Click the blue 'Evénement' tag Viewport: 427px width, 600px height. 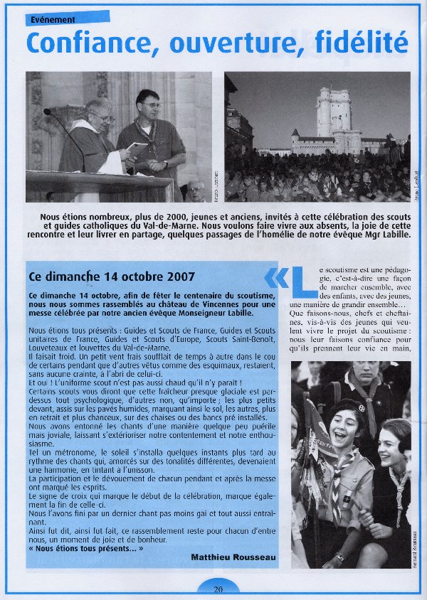[x=68, y=18]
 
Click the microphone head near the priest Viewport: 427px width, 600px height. [x=48, y=112]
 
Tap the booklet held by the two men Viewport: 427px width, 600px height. [x=138, y=150]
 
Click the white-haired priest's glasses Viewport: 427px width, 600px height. [x=102, y=117]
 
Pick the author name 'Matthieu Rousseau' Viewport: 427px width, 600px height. [x=233, y=557]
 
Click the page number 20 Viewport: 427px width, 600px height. [x=218, y=589]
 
